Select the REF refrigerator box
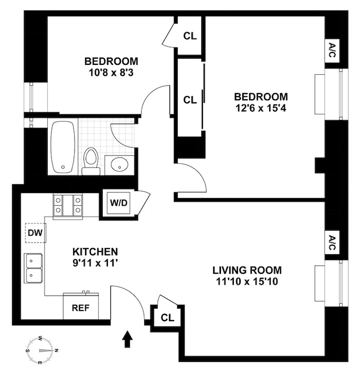pos(80,307)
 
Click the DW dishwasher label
pos(34,233)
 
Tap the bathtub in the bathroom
pos(63,147)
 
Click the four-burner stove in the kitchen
pos(67,204)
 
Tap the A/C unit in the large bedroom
pos(332,52)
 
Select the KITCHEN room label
pos(95,251)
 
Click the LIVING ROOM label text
pos(247,271)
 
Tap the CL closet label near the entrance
pos(167,317)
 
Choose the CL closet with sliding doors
pos(190,99)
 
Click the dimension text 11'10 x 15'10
pos(247,282)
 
